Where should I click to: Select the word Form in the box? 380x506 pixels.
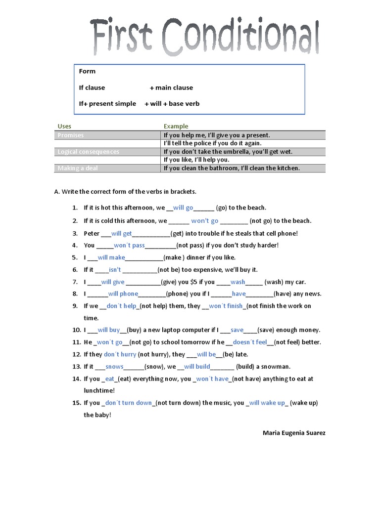[x=87, y=71]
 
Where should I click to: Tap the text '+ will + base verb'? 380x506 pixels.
[x=172, y=104]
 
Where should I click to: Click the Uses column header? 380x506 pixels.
[x=64, y=126]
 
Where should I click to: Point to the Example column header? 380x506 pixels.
[x=176, y=126]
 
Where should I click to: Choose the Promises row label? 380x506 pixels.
[x=71, y=135]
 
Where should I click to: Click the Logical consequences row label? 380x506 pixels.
[x=88, y=152]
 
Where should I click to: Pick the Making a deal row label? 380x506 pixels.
[x=78, y=168]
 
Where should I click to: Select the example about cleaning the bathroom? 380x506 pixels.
[x=232, y=168]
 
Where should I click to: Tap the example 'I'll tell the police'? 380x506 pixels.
[x=212, y=143]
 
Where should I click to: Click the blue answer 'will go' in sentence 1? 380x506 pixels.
[x=183, y=208]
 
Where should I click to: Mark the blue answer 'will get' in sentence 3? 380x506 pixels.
[x=122, y=233]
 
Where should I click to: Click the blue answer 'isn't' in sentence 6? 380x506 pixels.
[x=115, y=270]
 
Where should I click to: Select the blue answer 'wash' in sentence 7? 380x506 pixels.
[x=238, y=282]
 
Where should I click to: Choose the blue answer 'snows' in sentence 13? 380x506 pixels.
[x=114, y=367]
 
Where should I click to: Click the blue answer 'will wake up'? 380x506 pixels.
[x=267, y=403]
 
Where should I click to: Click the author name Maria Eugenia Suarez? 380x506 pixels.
[x=294, y=433]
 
